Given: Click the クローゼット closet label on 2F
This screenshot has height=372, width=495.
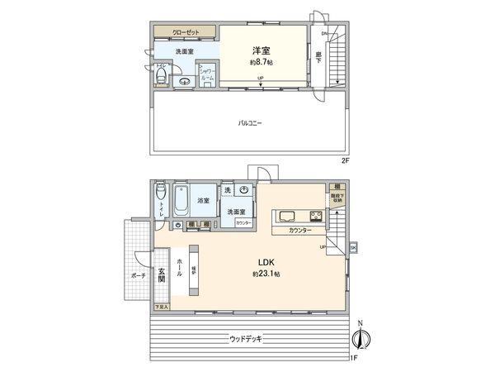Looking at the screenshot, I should [185, 33].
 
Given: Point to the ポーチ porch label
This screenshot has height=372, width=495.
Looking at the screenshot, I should [137, 276].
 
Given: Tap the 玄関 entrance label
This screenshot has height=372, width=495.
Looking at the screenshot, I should [162, 275].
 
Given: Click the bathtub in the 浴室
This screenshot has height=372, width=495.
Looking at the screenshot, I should [183, 200].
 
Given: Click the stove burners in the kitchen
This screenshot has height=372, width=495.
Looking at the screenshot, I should [315, 217].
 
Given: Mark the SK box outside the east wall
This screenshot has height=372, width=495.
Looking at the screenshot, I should [353, 247].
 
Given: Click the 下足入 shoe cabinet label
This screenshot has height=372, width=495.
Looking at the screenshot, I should [161, 307].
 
